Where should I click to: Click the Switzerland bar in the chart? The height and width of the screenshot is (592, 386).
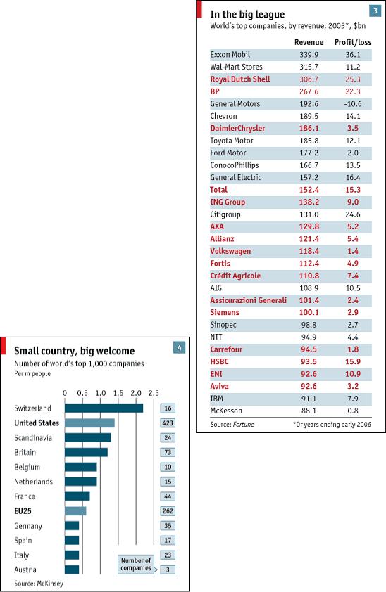point(104,408)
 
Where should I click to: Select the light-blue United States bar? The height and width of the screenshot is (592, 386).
point(89,423)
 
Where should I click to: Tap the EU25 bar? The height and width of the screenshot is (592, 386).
point(75,511)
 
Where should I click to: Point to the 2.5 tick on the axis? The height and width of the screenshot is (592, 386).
point(154,393)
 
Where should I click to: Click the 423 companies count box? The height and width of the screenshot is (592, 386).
point(168,423)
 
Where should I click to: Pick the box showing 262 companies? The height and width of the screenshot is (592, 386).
point(168,511)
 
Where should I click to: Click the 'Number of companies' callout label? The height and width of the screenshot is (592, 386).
point(136,564)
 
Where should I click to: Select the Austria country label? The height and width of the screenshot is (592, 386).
point(25,570)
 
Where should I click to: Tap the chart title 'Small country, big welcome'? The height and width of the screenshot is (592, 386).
point(75,351)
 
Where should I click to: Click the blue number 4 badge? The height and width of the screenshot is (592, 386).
point(179,347)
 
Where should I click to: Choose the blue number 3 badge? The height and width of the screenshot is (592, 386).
point(375,11)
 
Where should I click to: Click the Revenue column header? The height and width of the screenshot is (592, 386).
point(309,42)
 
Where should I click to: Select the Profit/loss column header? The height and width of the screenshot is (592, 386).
point(353,42)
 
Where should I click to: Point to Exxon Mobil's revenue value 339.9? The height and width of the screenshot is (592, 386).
point(309,55)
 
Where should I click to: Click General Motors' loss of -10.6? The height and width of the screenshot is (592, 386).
point(353,104)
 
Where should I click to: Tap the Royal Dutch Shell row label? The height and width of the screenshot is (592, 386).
point(240,79)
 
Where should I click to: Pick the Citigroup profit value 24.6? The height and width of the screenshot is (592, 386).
point(353,214)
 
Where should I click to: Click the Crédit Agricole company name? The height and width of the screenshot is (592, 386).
point(235,276)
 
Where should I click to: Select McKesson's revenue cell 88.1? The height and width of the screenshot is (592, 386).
point(309,411)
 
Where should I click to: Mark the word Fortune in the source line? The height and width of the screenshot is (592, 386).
point(244,425)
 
